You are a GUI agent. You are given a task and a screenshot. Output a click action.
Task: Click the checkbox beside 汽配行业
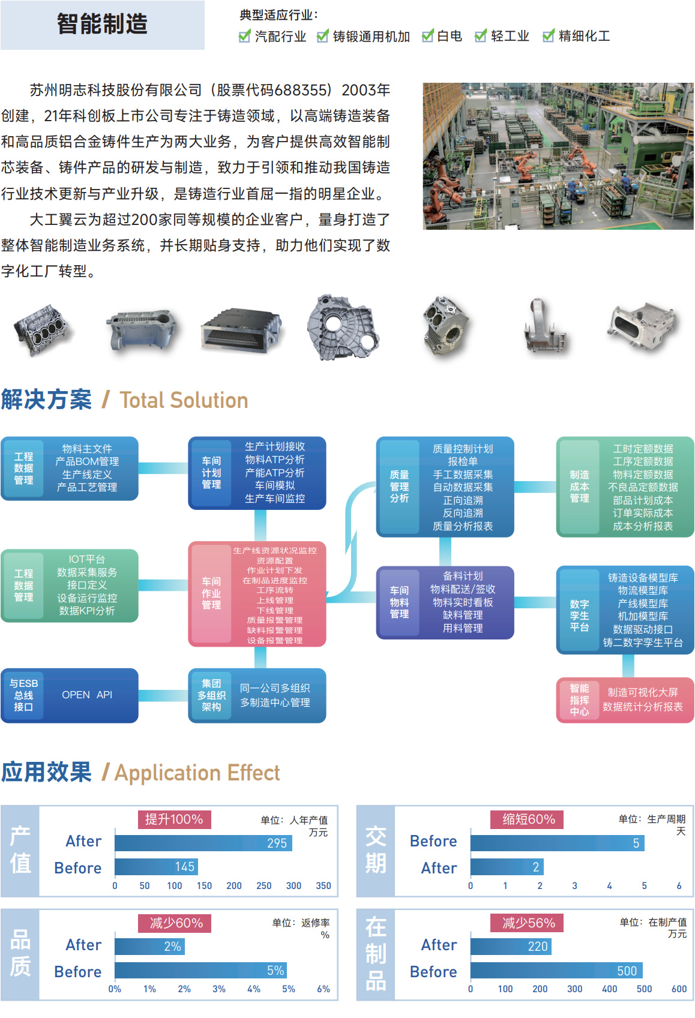[x=244, y=36]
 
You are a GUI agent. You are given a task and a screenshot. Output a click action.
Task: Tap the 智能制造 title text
[x=102, y=23]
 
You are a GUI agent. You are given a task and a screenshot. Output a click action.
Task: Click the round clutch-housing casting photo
[x=343, y=327]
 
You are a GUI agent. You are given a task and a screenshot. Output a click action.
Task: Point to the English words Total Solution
[x=184, y=400]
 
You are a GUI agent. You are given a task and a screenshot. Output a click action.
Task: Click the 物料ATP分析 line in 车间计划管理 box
[x=274, y=460]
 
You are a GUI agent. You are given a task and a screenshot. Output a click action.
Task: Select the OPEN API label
[x=87, y=695]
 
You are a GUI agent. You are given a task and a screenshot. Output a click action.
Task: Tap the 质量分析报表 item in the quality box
[x=463, y=526]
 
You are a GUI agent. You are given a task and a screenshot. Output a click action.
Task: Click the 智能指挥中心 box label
[x=579, y=700]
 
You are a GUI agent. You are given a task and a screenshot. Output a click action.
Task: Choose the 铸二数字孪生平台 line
[x=643, y=642]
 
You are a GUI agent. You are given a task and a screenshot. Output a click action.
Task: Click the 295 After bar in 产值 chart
[x=203, y=843]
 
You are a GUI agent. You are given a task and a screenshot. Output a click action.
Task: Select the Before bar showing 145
[x=156, y=866]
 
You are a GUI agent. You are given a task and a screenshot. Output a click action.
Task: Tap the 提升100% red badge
[x=174, y=819]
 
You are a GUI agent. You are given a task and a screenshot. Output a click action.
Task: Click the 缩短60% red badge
[x=527, y=819]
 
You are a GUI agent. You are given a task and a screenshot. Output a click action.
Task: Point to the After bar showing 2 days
[x=507, y=867]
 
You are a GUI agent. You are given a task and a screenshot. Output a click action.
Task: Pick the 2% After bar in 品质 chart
[x=149, y=946]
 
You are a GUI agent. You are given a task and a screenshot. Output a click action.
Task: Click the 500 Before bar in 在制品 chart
[x=556, y=970]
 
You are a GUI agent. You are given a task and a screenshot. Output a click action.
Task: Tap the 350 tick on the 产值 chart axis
[x=323, y=885]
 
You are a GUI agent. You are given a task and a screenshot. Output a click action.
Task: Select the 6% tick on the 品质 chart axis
[x=323, y=989]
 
